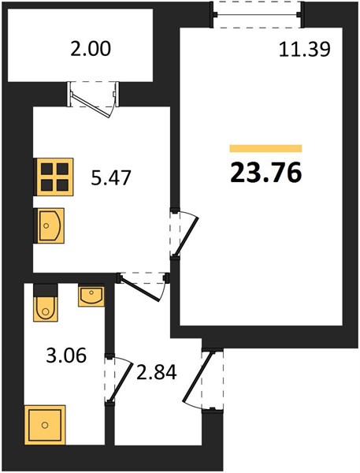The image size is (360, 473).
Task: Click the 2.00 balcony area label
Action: click(91, 49)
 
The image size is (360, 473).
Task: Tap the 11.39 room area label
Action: click(305, 49)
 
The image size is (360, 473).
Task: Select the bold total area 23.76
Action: click(266, 173)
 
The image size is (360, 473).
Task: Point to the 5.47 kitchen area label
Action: click(112, 177)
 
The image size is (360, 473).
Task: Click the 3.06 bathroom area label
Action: click(66, 356)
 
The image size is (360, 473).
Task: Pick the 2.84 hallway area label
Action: click(156, 372)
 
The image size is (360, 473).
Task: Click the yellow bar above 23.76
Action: click(265, 148)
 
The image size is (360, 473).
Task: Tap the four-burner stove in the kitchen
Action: click(54, 177)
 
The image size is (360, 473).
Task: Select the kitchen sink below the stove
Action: click(49, 225)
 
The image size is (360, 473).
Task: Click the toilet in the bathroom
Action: click(45, 303)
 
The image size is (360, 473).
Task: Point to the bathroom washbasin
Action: click(91, 296)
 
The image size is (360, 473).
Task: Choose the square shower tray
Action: click(45, 425)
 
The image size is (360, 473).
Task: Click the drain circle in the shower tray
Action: click(45, 425)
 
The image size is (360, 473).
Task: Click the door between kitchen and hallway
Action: click(141, 287)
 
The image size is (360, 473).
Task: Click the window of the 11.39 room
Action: click(257, 14)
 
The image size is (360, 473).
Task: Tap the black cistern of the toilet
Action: click(45, 290)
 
